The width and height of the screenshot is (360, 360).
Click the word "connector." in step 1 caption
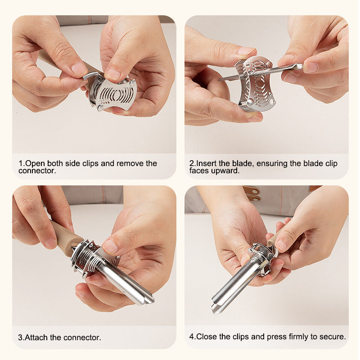pos(37,171)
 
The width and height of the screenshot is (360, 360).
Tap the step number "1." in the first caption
pos(22,163)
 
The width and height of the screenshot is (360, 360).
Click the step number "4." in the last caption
pos(193,337)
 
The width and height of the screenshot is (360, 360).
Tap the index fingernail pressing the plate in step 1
pos(112,74)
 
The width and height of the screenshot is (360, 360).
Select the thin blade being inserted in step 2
pos(261,72)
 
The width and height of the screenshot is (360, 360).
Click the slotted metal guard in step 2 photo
pos(255,84)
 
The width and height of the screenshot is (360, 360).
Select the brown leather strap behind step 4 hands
pos(252,193)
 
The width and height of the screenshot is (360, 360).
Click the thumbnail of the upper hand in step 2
pos(246,51)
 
